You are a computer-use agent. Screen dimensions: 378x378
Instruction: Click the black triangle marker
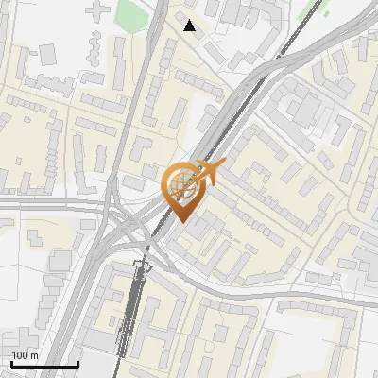(190, 26)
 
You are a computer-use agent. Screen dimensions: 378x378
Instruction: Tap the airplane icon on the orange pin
(203, 173)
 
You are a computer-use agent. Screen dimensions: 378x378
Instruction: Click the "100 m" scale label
(26, 355)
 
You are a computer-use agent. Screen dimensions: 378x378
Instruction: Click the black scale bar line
(44, 364)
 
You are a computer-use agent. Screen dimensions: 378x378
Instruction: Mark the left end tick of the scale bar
(11, 362)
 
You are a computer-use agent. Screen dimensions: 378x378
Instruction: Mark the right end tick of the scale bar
(77, 362)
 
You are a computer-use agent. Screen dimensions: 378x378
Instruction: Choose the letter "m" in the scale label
(35, 355)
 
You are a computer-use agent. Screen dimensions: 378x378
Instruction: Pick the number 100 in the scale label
(21, 355)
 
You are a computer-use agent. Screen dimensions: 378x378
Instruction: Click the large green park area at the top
(131, 13)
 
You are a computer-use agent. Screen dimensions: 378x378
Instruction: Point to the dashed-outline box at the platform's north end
(142, 267)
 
